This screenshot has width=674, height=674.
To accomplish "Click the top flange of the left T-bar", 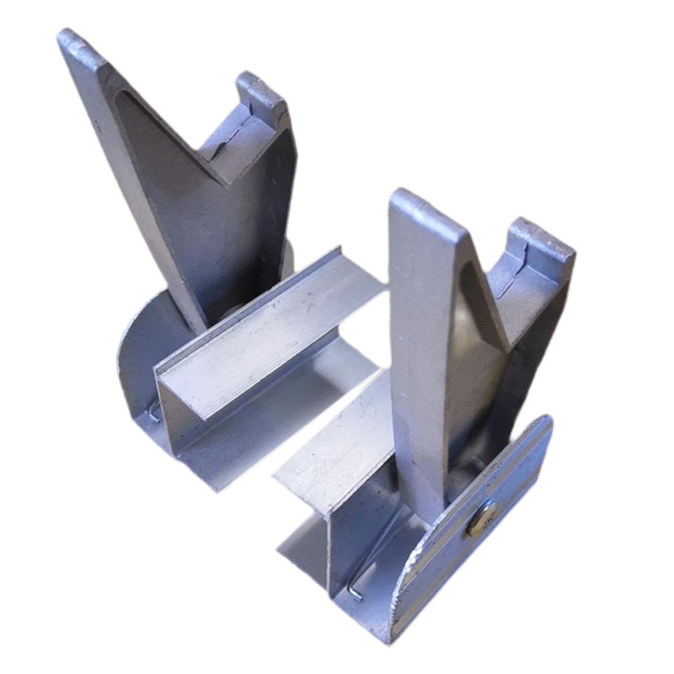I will click(270, 324).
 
